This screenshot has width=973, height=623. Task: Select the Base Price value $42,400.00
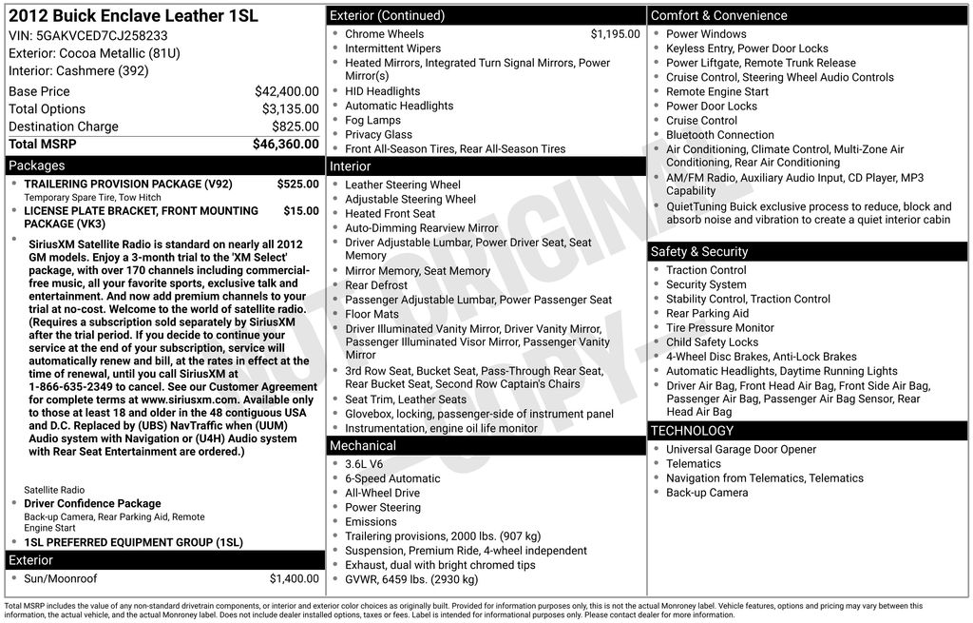286,91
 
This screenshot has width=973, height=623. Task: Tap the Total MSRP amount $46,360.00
285,145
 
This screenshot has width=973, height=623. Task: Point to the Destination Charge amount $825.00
296,127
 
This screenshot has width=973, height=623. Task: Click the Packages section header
37,165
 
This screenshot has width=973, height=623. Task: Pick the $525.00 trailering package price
297,184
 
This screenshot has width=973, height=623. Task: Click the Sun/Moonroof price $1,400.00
294,578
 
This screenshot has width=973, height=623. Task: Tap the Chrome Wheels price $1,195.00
615,34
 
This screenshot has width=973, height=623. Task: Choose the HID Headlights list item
382,91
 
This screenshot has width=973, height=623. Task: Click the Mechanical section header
363,445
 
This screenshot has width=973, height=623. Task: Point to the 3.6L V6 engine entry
364,464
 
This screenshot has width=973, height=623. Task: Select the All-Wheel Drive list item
382,493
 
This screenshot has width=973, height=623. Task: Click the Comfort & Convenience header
718,15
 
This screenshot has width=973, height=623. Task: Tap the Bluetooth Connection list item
719,135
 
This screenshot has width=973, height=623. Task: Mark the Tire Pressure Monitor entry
719,328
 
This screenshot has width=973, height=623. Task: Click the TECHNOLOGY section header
692,431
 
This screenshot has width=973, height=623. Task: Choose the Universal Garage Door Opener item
740,450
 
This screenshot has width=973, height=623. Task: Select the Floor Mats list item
372,314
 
